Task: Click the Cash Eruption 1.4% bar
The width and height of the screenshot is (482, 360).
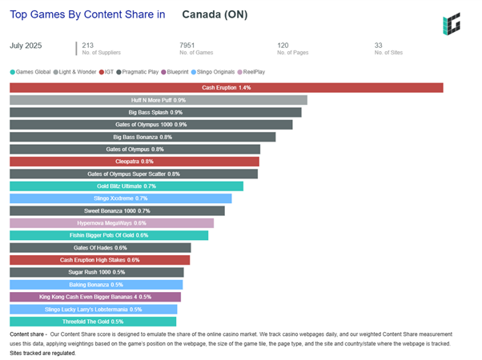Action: pyautogui.click(x=226, y=88)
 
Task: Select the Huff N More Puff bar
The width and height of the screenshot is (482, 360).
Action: pyautogui.click(x=159, y=100)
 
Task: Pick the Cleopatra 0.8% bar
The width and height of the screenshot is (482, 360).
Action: pyautogui.click(x=135, y=162)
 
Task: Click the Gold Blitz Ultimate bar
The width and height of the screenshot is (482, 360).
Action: pyautogui.click(x=127, y=186)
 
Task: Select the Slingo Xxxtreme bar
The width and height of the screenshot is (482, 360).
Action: pyautogui.click(x=120, y=198)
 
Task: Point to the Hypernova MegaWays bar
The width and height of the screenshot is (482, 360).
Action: pyautogui.click(x=111, y=223)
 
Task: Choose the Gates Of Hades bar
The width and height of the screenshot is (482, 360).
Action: pyautogui.click(x=100, y=248)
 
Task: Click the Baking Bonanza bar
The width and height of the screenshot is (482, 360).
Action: pyautogui.click(x=96, y=285)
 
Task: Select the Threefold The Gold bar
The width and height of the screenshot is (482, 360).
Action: pyautogui.click(x=93, y=322)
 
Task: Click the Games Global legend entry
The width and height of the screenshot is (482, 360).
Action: pyautogui.click(x=32, y=72)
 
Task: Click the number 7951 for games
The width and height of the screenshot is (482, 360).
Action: pyautogui.click(x=187, y=46)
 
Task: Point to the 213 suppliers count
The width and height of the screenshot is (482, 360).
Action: pyautogui.click(x=88, y=46)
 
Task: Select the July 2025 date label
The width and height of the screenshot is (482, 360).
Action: pyautogui.click(x=27, y=46)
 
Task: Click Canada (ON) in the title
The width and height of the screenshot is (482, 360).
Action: pyautogui.click(x=215, y=14)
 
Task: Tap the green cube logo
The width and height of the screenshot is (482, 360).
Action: pyautogui.click(x=452, y=24)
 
